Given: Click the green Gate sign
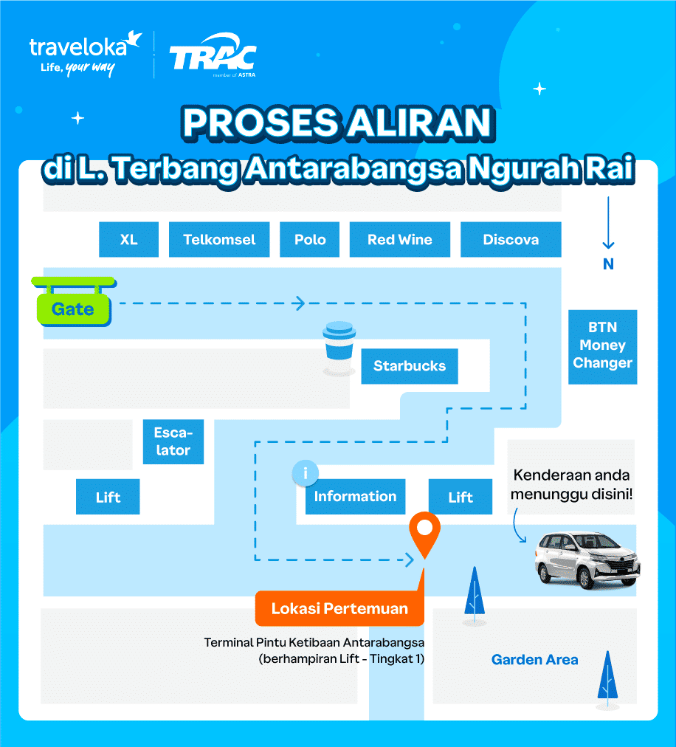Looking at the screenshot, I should click(73, 309).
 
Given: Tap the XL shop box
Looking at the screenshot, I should click(129, 239).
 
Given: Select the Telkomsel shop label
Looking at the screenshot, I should click(219, 239).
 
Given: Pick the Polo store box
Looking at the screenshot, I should click(310, 239).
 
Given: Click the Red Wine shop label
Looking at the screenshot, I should click(400, 239).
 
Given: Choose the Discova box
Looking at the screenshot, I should click(511, 239).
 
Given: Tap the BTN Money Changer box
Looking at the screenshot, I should click(602, 345).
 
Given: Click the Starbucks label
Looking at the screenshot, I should click(410, 365).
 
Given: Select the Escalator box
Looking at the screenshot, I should click(173, 441).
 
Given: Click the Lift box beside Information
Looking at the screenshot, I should click(461, 497).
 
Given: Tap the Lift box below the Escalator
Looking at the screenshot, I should click(108, 497).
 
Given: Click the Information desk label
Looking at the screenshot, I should click(355, 496).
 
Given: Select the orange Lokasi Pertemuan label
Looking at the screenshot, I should click(339, 608).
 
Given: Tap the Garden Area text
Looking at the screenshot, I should click(535, 659).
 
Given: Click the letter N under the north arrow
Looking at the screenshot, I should click(608, 264).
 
